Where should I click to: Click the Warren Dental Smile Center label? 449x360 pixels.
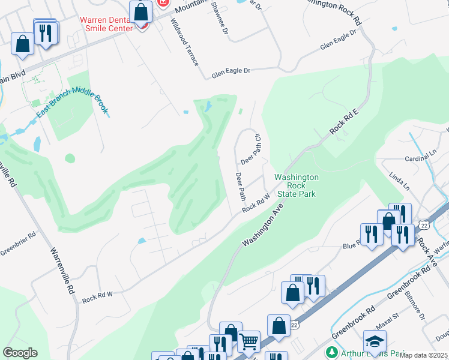tap(106, 23)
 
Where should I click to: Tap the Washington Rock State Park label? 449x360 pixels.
tap(295, 185)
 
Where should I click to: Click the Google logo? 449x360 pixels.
tap(20, 352)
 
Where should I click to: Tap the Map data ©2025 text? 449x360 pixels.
tap(424, 355)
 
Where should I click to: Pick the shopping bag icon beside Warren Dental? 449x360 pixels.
tap(140, 11)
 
